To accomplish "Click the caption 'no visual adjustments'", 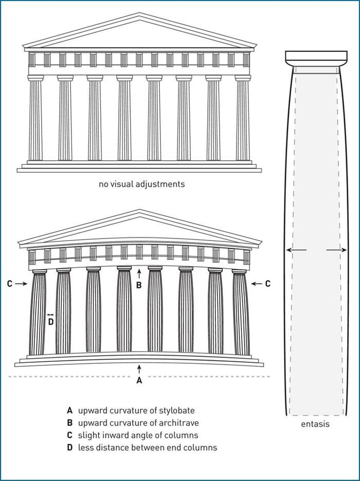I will (141, 183).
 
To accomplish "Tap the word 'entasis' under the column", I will (315, 424).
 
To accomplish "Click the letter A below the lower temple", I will (139, 381).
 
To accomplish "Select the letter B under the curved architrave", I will (138, 285).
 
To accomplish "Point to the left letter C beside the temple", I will (10, 283).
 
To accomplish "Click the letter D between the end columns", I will (50, 322).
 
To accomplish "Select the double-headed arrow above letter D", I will (50, 314).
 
